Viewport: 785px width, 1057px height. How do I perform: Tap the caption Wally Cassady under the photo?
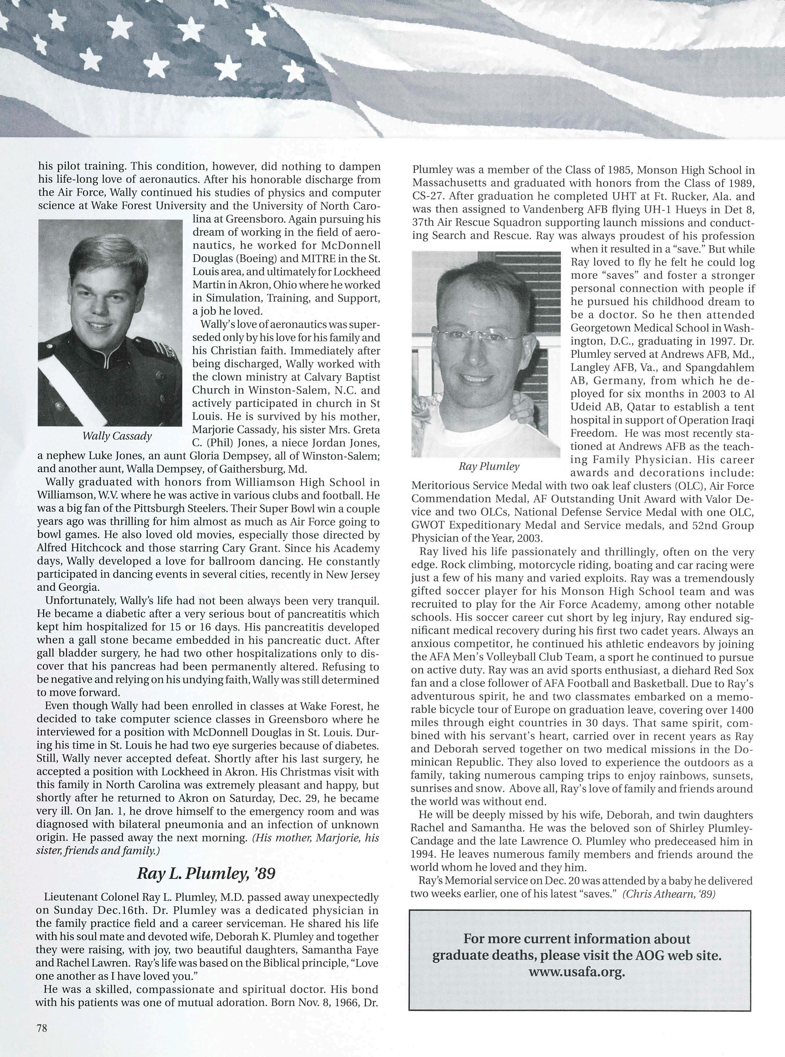click(117, 436)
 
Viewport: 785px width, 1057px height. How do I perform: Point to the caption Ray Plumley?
click(489, 466)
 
